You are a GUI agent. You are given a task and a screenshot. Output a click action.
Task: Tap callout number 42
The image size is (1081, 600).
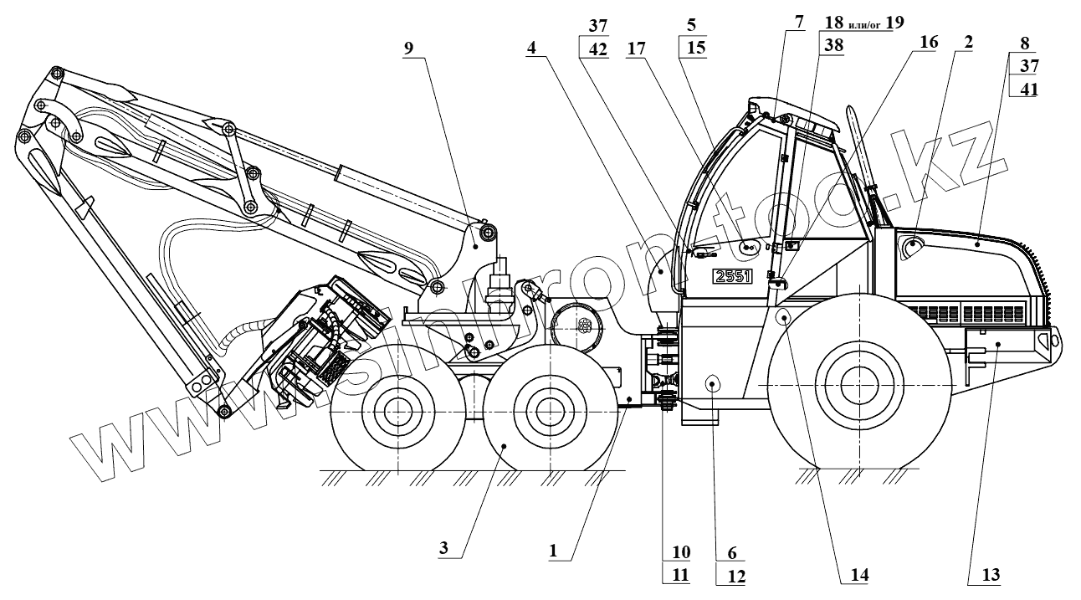point(598,49)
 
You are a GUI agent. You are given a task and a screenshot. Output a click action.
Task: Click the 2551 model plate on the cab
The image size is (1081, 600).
point(734,277)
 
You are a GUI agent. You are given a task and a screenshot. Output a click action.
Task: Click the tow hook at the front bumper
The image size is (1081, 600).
point(1053,341)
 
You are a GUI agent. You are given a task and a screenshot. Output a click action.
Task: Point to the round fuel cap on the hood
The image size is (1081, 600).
point(911,244)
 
